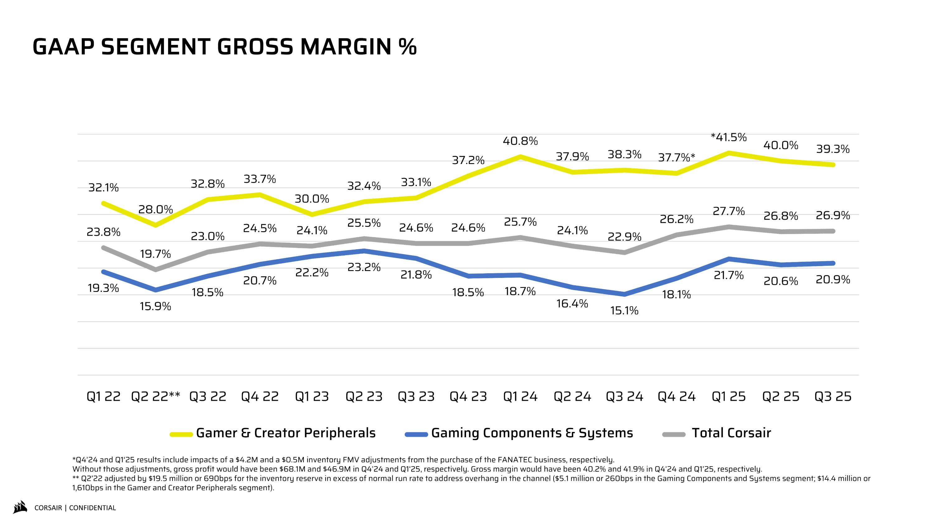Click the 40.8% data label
coord(520,141)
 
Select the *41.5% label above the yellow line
coord(729,137)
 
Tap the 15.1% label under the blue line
coord(624,311)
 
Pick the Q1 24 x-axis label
coord(520,397)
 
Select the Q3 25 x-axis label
coord(833,397)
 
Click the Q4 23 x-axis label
coord(468,397)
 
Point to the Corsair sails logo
coord(20,507)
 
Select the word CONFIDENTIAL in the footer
coord(92,508)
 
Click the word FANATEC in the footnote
coord(515,460)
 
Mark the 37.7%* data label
coord(677,157)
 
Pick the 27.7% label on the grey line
coord(729,211)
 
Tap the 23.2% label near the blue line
coord(364,267)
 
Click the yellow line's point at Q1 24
coord(520,157)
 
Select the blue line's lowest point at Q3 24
coord(624,294)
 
